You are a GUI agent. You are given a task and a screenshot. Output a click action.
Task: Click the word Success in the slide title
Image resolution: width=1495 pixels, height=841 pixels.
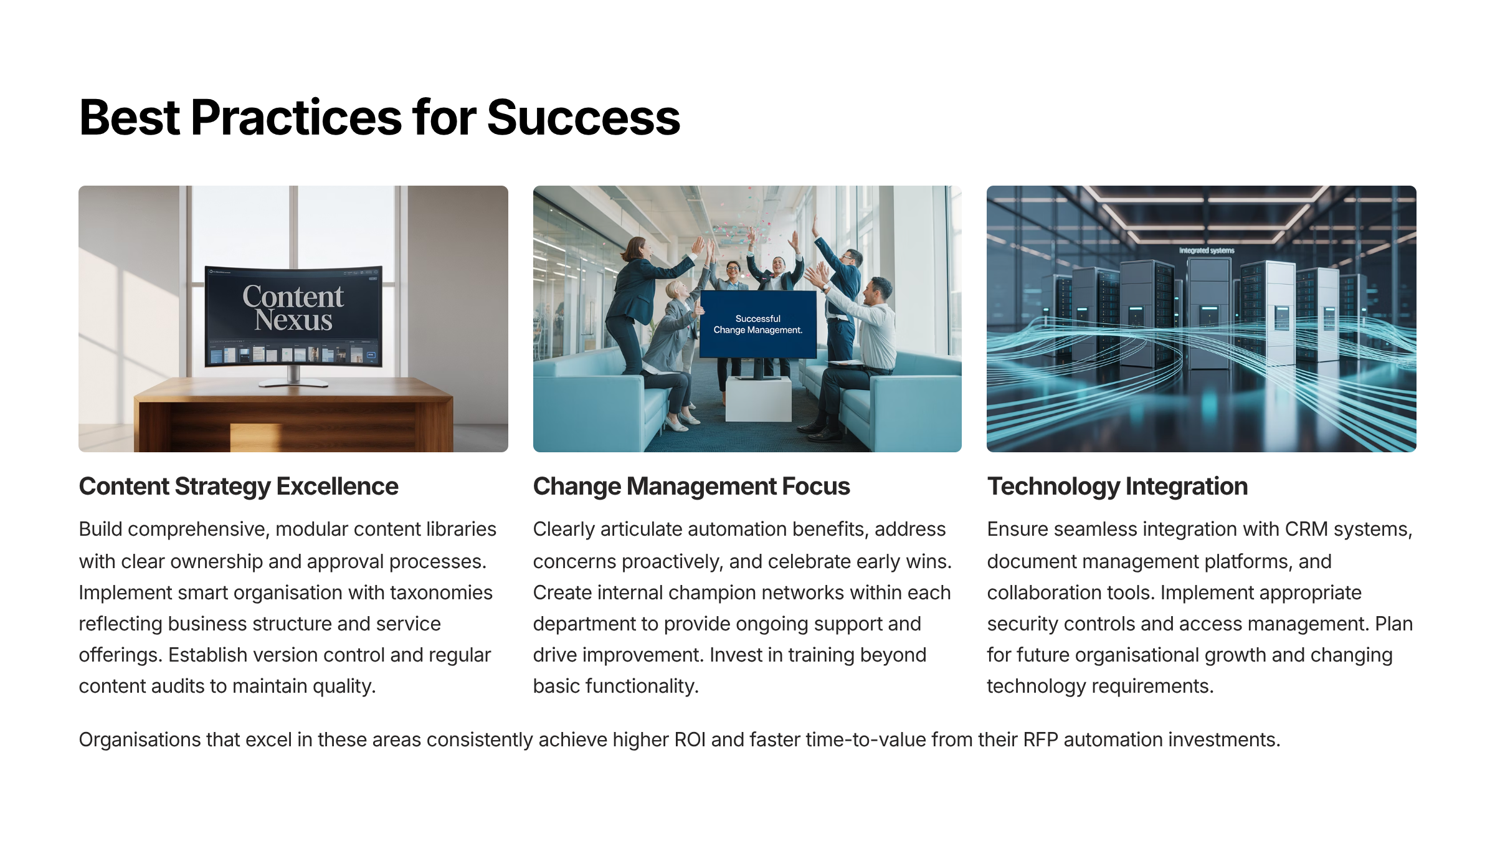point(584,117)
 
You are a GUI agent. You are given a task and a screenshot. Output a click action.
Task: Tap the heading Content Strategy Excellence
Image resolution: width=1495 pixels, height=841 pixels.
point(239,486)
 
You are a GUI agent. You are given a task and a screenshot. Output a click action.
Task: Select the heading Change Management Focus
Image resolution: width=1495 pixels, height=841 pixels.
point(691,486)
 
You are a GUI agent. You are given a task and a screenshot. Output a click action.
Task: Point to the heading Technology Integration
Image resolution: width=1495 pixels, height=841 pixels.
point(1118,486)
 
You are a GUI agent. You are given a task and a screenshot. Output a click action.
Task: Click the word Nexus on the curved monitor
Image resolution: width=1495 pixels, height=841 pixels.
point(293,320)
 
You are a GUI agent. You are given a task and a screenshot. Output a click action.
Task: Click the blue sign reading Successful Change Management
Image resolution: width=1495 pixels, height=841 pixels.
point(758,324)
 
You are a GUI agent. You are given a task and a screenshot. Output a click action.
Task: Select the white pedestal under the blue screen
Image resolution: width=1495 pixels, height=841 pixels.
point(758,399)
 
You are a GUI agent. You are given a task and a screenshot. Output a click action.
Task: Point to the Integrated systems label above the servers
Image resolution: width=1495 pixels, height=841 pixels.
point(1207,250)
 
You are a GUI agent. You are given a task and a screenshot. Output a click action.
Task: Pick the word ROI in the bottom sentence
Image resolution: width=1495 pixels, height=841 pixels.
point(690,739)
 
